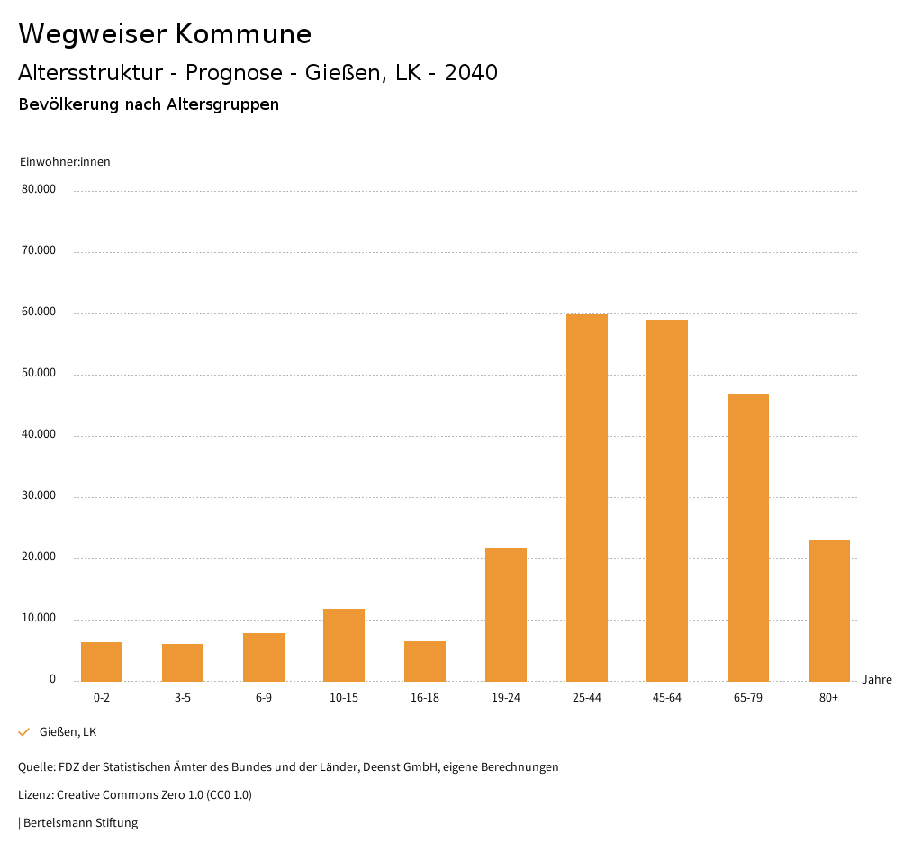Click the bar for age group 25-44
point(587,497)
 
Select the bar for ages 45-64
point(667,500)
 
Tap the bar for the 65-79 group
point(748,538)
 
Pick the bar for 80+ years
point(829,611)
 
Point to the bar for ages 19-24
point(506,614)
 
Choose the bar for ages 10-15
point(344,645)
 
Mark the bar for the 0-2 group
point(102,661)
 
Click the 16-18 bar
point(425,661)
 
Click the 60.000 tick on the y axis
point(39,312)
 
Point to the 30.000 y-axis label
point(39,495)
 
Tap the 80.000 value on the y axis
point(39,189)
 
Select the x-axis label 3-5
point(183,698)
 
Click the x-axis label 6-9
point(264,698)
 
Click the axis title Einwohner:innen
point(65,161)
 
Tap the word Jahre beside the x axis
point(877,679)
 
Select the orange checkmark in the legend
point(24,732)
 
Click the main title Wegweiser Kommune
point(165,34)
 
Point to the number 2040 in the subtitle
point(471,73)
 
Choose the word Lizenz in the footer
point(35,794)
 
